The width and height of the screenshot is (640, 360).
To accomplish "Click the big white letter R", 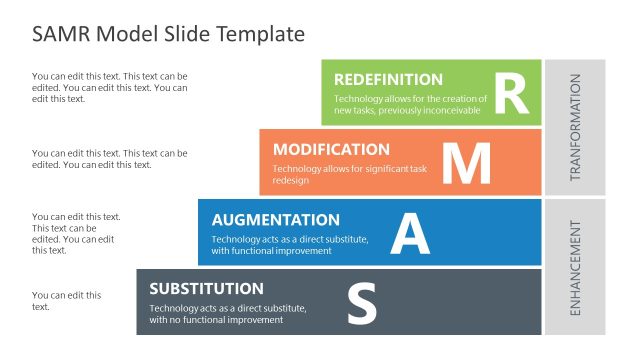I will coord(510,92).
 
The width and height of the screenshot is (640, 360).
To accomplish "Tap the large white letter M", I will coord(466,163).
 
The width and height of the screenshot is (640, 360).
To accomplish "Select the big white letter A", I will coord(409,233).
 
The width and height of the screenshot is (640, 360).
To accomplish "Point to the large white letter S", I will coord(361,303).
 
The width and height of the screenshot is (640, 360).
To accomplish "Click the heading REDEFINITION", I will coord(388,79).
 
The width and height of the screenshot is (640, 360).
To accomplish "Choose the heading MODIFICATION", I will coord(331,149).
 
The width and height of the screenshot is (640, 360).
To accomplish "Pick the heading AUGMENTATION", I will coord(276,219).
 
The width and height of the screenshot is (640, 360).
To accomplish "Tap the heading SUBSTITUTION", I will coord(207,288).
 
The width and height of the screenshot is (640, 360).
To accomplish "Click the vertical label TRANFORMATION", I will coord(575,127).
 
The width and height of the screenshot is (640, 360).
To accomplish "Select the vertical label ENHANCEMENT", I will coord(575,266).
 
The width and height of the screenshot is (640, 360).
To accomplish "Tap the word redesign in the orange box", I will coord(290,181).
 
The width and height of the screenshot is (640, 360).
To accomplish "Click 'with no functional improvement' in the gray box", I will coord(216,320).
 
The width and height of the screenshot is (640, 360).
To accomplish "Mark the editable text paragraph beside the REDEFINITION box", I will coord(109,87).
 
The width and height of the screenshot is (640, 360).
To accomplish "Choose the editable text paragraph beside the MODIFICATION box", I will coord(109,158).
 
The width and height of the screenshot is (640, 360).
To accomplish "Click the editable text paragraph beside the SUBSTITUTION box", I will coord(66,301).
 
